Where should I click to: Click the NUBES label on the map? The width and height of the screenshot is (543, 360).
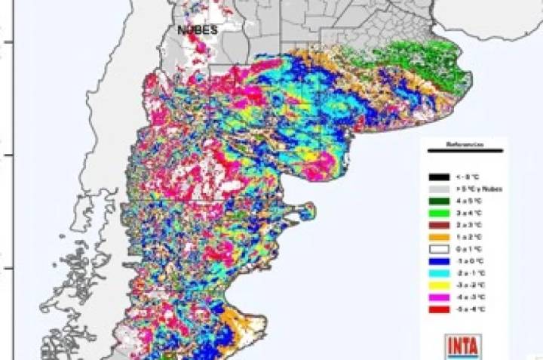(197, 29)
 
